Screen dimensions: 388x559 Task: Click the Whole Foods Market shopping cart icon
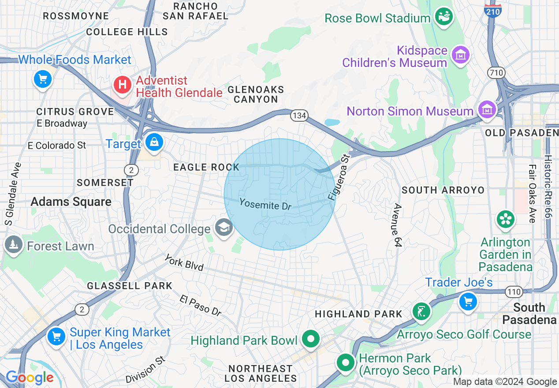pyautogui.click(x=43, y=80)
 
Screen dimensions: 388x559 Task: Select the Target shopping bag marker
pyautogui.click(x=154, y=142)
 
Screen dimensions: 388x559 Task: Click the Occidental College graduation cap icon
pyautogui.click(x=224, y=228)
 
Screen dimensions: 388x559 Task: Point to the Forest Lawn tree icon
pyautogui.click(x=13, y=244)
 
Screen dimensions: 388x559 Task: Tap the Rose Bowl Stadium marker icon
pyautogui.click(x=444, y=17)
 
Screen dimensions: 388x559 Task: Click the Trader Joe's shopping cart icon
pyautogui.click(x=468, y=302)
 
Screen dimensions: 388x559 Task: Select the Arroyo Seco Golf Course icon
pyautogui.click(x=421, y=312)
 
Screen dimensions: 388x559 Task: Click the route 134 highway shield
pyautogui.click(x=298, y=116)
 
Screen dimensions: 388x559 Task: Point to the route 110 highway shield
pyautogui.click(x=514, y=291)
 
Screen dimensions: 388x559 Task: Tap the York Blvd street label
pyautogui.click(x=184, y=263)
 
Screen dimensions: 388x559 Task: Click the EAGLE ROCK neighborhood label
pyautogui.click(x=206, y=167)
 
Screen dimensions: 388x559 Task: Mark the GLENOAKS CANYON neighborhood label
pyautogui.click(x=256, y=94)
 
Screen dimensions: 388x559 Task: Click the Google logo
pyautogui.click(x=30, y=378)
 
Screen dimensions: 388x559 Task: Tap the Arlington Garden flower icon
pyautogui.click(x=506, y=220)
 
